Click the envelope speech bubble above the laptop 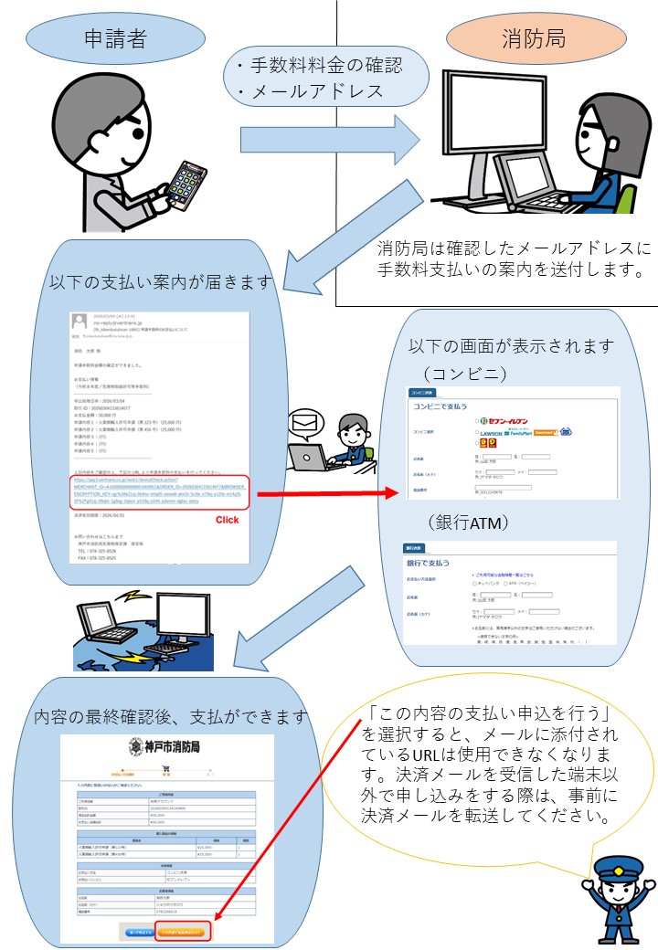[x=304, y=422]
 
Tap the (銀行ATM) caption [x=466, y=522]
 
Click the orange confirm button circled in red [x=184, y=931]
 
